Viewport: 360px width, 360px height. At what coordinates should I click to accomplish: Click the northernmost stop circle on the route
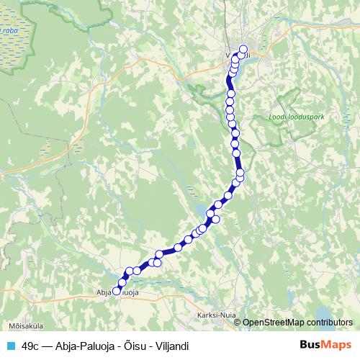(243, 50)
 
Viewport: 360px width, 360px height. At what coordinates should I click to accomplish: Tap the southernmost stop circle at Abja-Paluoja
(116, 291)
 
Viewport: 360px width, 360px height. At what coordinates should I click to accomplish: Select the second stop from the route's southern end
(120, 282)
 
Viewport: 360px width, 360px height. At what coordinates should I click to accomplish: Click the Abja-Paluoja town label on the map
(117, 294)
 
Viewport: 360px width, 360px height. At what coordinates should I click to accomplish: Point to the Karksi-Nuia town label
(215, 315)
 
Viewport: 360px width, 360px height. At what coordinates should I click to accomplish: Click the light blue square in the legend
(9, 345)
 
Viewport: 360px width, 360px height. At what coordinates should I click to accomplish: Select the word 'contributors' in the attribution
(330, 323)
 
